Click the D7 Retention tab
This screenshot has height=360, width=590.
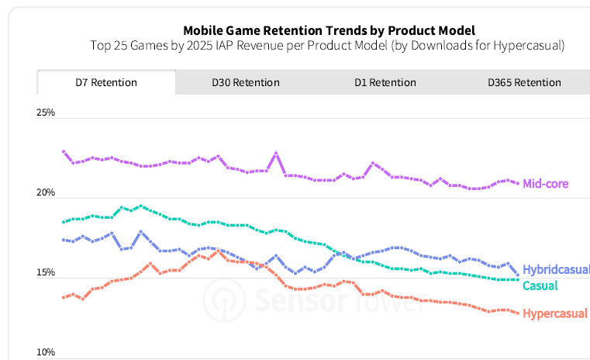tap(106, 82)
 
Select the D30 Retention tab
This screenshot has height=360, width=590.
tap(245, 82)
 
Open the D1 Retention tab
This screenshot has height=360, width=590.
tap(385, 82)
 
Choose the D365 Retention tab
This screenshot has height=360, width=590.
tap(524, 82)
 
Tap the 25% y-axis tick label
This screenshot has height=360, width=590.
tap(46, 113)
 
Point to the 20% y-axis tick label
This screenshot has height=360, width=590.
tap(46, 193)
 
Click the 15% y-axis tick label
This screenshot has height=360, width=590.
tap(46, 273)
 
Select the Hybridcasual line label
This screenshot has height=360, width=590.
tap(556, 270)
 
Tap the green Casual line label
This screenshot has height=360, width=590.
tap(540, 286)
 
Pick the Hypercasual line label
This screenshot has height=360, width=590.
tap(555, 313)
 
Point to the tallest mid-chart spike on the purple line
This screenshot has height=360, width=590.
tap(276, 154)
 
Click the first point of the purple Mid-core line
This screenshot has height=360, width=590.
tap(64, 152)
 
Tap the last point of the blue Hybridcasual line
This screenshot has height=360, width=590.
tap(517, 274)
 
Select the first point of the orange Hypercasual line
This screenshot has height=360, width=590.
tap(64, 297)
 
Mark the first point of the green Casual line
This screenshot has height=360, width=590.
tap(64, 222)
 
